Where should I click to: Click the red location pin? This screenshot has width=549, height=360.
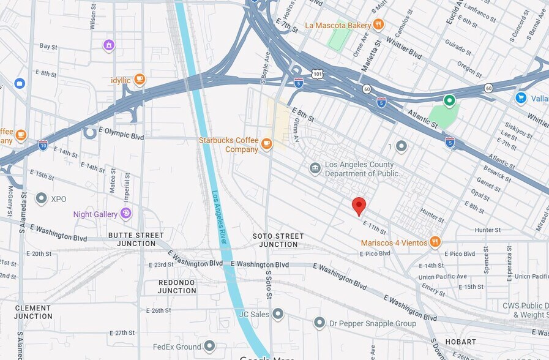pyautogui.click(x=359, y=206)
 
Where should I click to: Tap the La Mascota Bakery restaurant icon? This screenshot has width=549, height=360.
pyautogui.click(x=378, y=25)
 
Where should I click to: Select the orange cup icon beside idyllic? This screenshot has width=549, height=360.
pyautogui.click(x=140, y=79)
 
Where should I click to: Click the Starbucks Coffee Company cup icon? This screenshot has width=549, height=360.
pyautogui.click(x=266, y=144)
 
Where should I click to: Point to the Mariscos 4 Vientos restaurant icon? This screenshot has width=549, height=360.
pyautogui.click(x=435, y=242)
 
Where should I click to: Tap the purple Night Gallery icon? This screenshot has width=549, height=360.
pyautogui.click(x=125, y=214)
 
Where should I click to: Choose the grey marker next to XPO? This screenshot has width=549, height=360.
pyautogui.click(x=42, y=198)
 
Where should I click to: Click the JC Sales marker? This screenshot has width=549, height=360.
pyautogui.click(x=278, y=314)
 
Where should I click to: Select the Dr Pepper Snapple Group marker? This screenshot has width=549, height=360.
pyautogui.click(x=319, y=323)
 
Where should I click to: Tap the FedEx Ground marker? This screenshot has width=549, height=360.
pyautogui.click(x=210, y=346)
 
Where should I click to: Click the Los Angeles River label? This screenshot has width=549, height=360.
pyautogui.click(x=219, y=217)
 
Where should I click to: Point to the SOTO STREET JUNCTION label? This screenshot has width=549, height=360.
pyautogui.click(x=278, y=240)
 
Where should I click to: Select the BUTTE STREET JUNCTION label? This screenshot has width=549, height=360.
pyautogui.click(x=136, y=239)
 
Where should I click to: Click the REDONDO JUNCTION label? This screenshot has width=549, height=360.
pyautogui.click(x=177, y=287)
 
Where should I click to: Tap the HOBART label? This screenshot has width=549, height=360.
pyautogui.click(x=461, y=342)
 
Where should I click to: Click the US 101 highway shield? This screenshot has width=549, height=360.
pyautogui.click(x=316, y=74)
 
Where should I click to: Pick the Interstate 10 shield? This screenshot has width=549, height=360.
pyautogui.click(x=43, y=144)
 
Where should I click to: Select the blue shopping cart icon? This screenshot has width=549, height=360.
pyautogui.click(x=521, y=98)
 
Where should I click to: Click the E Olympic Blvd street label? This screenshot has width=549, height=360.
pyautogui.click(x=121, y=134)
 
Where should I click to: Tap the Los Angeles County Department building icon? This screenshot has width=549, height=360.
pyautogui.click(x=315, y=168)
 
